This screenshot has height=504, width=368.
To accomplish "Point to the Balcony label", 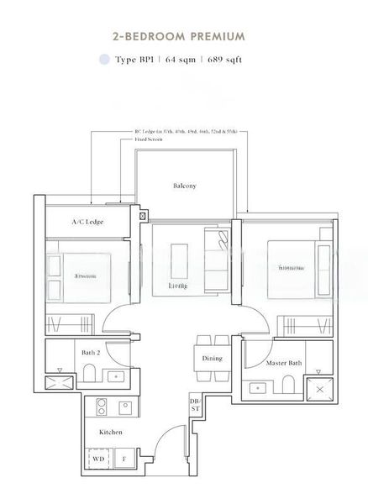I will pos(185,186).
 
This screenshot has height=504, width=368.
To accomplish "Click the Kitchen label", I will pos(110,432).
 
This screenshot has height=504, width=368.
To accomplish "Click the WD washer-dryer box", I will pos(100,459).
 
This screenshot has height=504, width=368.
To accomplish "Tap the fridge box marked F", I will pos(125,459).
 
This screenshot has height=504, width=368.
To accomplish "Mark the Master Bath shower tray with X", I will pos(318,387).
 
